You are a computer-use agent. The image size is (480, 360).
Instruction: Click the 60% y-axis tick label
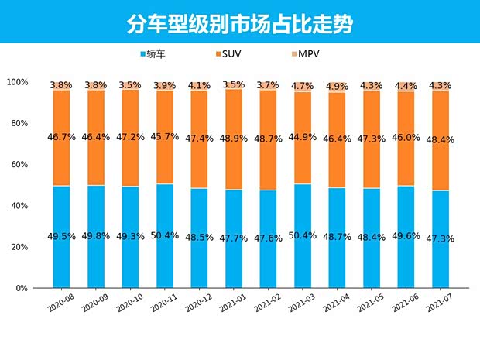[x=19, y=165]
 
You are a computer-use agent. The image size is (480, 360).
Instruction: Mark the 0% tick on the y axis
[x=22, y=288]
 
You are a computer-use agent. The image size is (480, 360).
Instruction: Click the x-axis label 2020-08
[x=60, y=303]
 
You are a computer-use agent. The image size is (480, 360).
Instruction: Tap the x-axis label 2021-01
[x=233, y=303]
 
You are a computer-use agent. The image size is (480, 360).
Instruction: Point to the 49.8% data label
[x=97, y=236]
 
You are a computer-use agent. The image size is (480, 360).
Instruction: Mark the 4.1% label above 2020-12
[x=200, y=85]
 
